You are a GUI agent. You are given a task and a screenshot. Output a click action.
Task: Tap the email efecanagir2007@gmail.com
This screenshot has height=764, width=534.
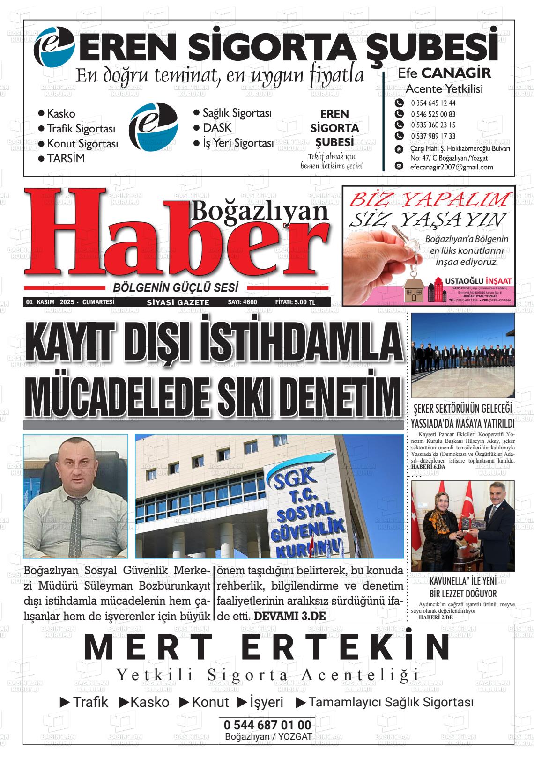pos(451,167)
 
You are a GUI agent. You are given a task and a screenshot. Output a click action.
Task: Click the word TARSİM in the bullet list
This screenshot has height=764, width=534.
pos(66,159)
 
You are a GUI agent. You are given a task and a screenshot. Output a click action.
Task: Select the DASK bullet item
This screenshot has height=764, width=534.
pos(217,128)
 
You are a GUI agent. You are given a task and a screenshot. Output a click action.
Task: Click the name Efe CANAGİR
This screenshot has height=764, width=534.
pos(444,73)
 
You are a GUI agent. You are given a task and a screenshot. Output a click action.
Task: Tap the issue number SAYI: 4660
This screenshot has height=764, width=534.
pos(242,302)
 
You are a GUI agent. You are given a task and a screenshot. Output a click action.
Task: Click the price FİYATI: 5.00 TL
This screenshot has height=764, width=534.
pos(295,302)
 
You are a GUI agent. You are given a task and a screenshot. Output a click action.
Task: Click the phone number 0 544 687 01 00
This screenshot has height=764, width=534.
pos(267,726)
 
